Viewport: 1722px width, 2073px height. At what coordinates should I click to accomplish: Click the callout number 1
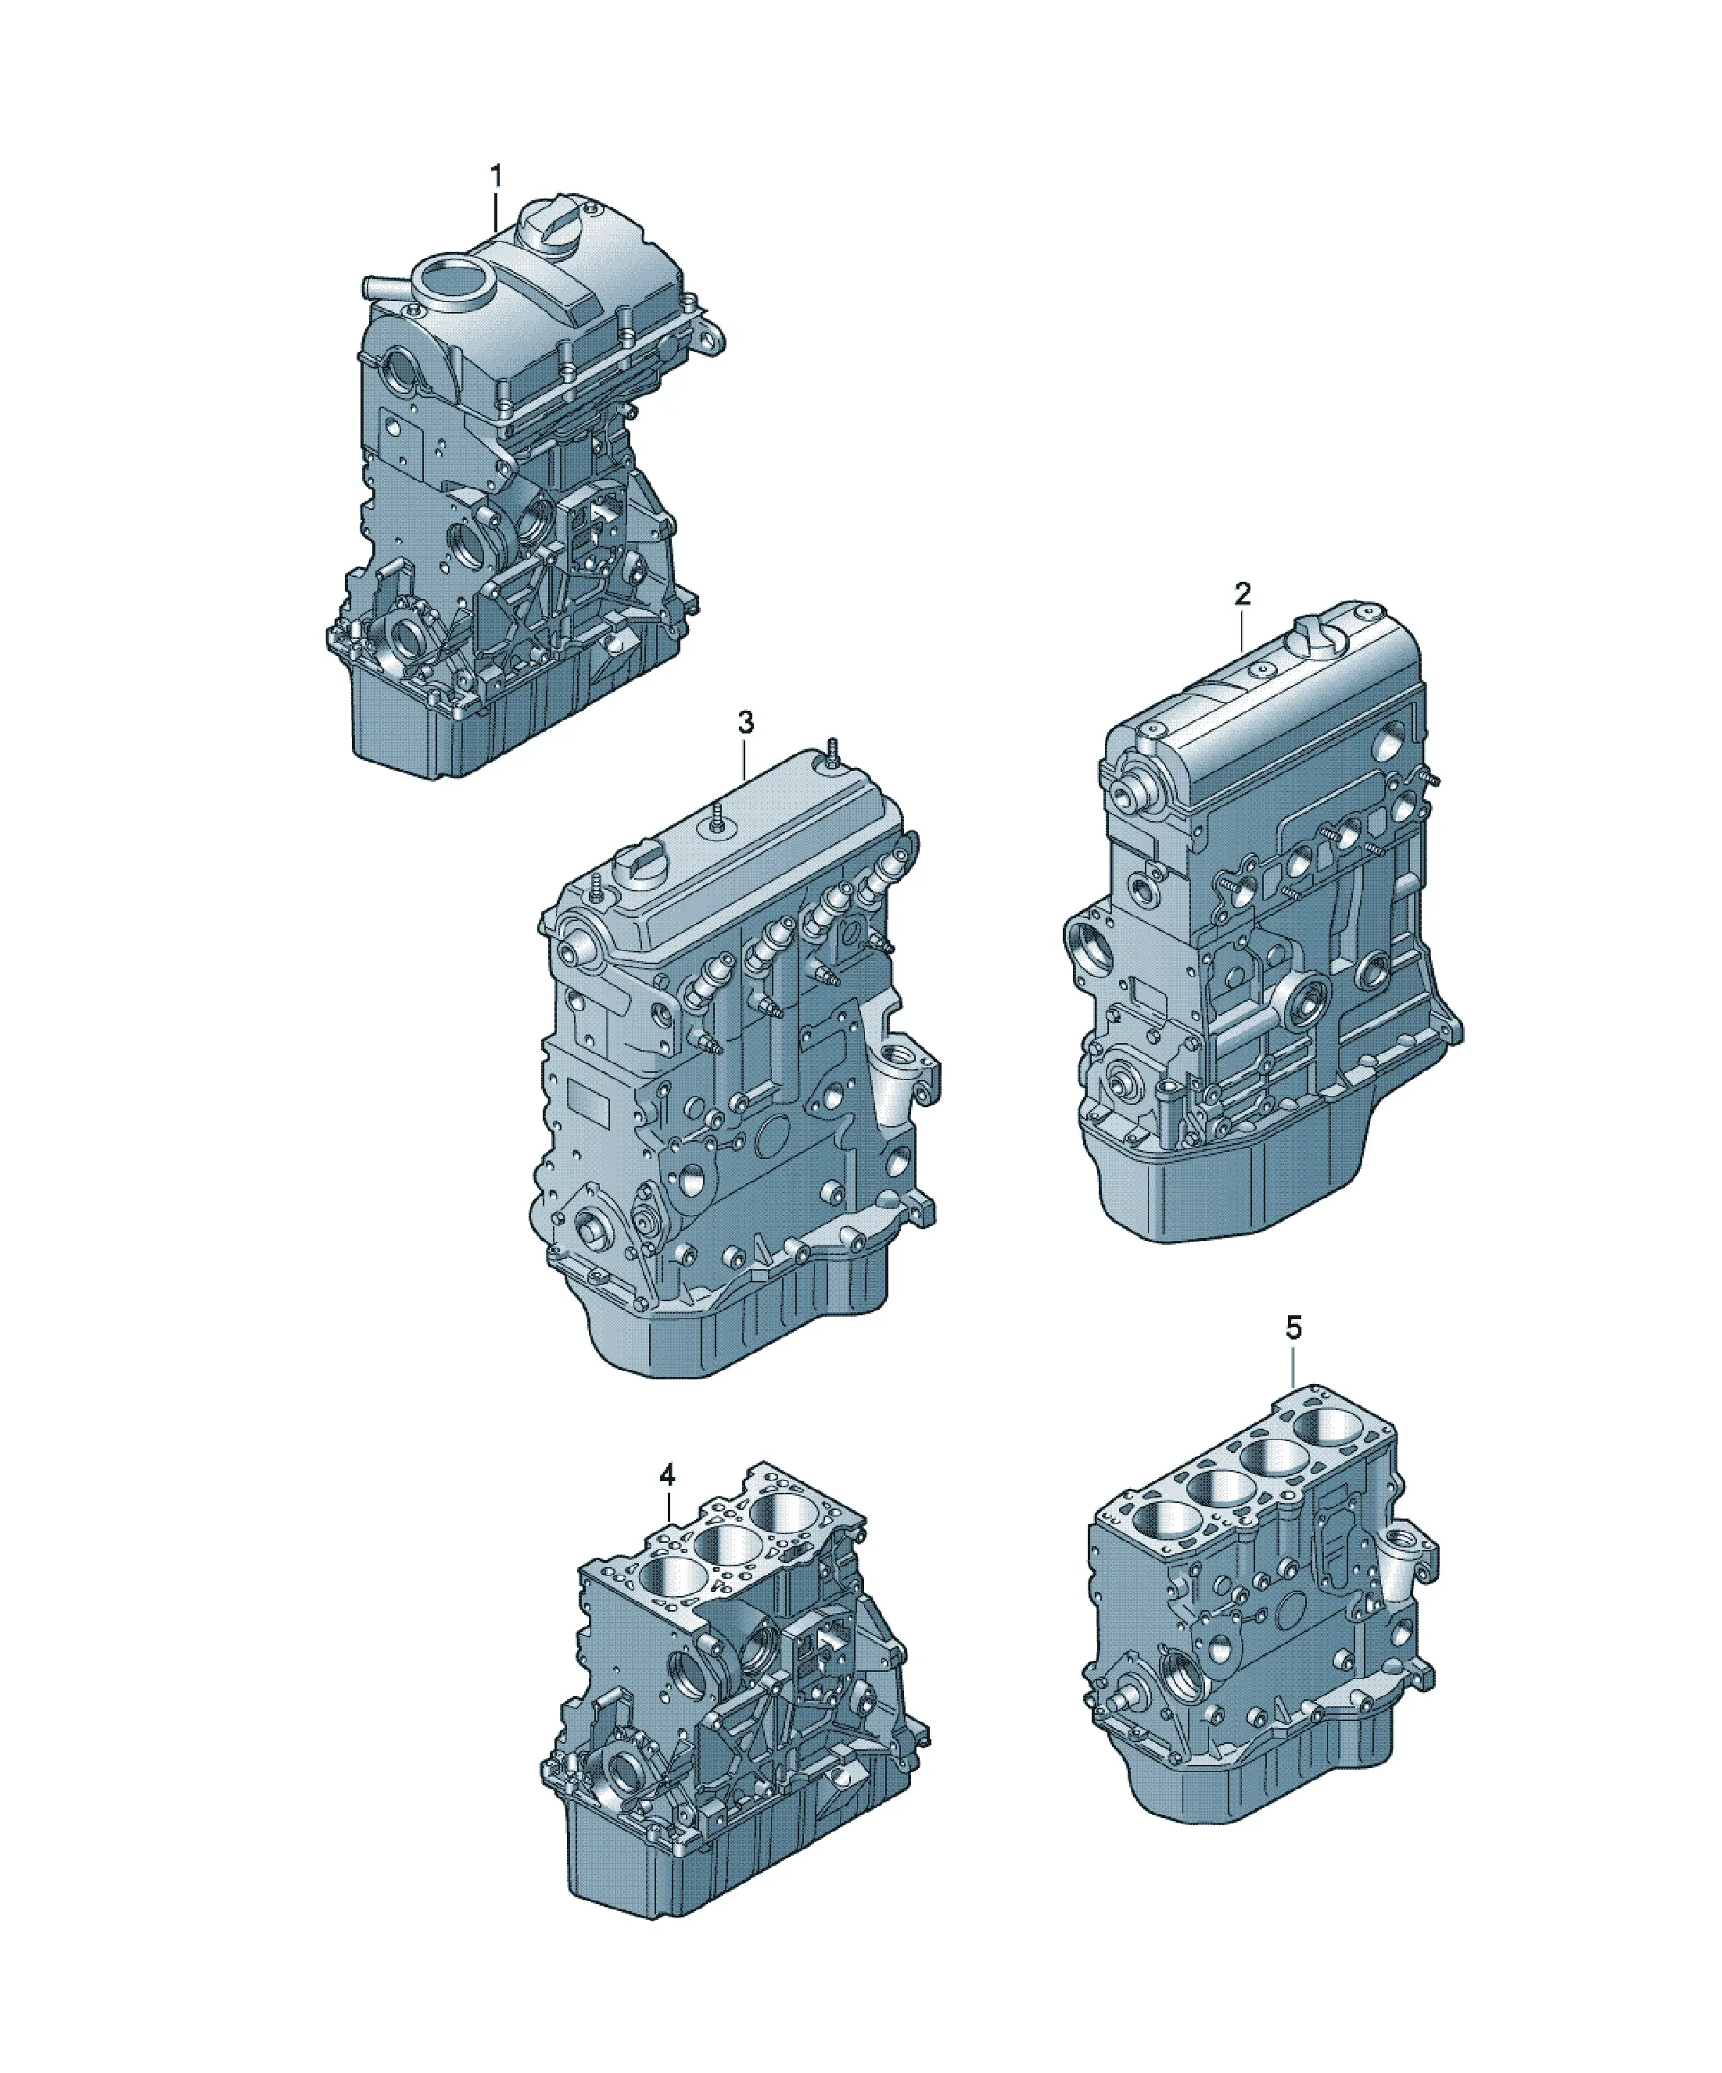[497, 177]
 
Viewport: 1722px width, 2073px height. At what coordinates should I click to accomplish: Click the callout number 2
[1242, 594]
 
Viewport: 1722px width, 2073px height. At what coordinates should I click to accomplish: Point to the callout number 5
[1293, 1329]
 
